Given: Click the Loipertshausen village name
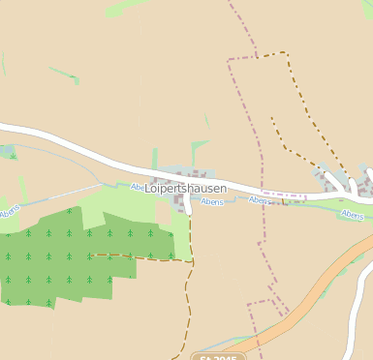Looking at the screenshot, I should (x=185, y=188).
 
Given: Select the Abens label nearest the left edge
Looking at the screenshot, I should (x=11, y=210).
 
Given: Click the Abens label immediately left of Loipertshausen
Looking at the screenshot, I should (x=138, y=187).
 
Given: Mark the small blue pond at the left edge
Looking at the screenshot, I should (x=6, y=152).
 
